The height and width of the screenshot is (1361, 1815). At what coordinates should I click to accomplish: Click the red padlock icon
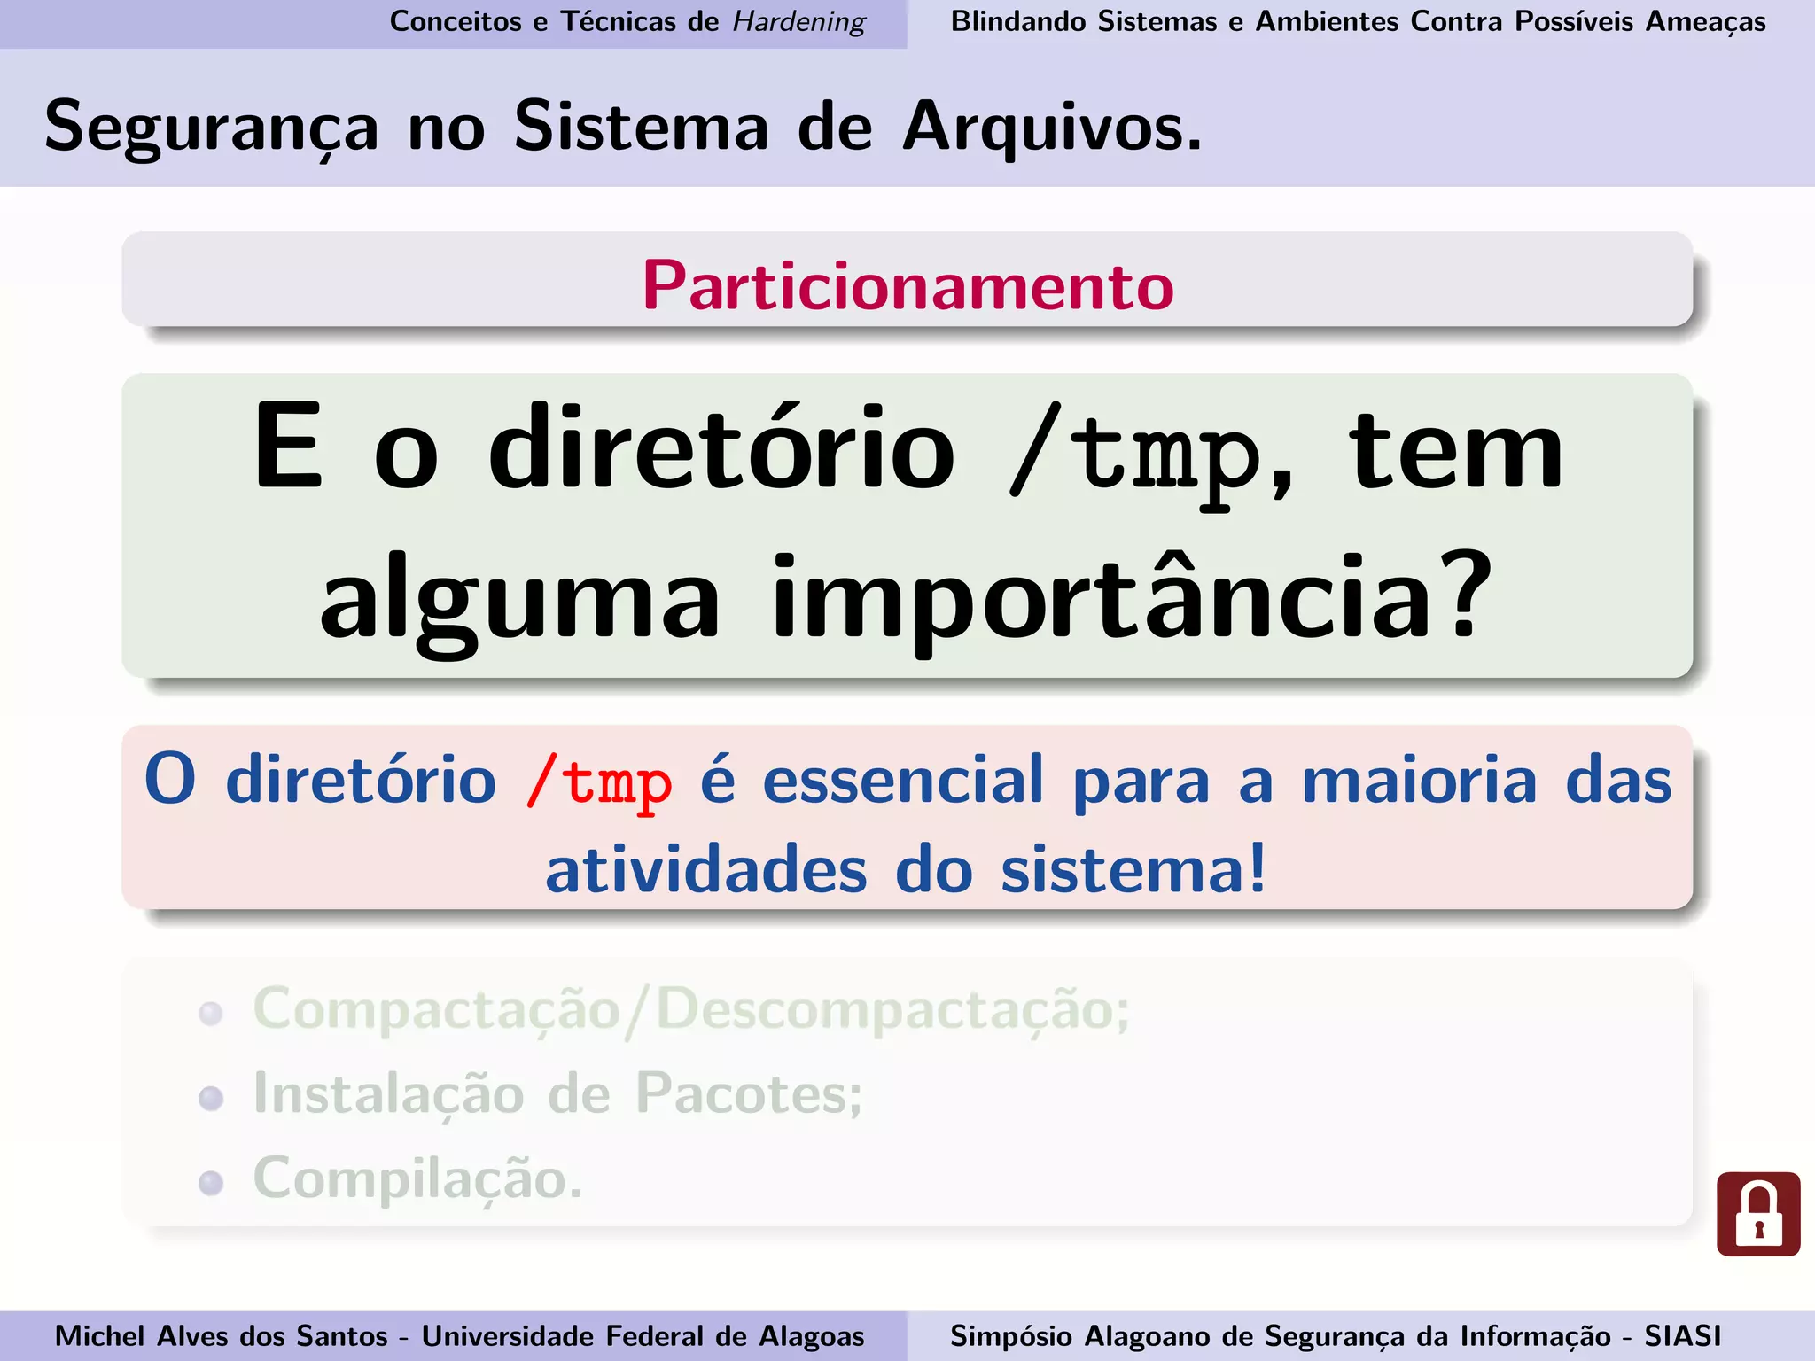pyautogui.click(x=1758, y=1214)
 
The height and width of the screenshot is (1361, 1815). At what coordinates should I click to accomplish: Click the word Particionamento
pyautogui.click(x=908, y=286)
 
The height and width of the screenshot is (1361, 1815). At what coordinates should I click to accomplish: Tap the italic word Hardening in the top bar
pyautogui.click(x=799, y=21)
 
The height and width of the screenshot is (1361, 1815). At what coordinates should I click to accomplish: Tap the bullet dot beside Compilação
pyautogui.click(x=211, y=1183)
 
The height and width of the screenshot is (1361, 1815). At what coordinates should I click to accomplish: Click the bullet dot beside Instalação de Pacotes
pyautogui.click(x=211, y=1099)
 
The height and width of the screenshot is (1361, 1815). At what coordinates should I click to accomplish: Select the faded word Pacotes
pyautogui.click(x=748, y=1094)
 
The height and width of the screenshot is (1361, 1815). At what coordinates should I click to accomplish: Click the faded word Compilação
pyautogui.click(x=417, y=1179)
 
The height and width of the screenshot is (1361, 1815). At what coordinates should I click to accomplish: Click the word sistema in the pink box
pyautogui.click(x=1133, y=870)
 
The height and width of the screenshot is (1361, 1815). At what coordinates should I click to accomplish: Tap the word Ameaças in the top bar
pyautogui.click(x=1705, y=21)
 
